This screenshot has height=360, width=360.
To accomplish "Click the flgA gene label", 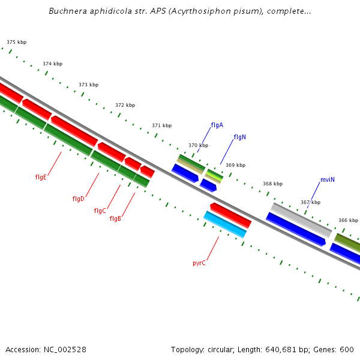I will (x=217, y=125).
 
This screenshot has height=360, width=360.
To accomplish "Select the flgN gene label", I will (x=239, y=137).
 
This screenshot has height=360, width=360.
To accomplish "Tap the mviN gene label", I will (x=327, y=179).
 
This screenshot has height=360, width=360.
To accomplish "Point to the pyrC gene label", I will (x=199, y=263).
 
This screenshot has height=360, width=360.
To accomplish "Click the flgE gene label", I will (x=41, y=177).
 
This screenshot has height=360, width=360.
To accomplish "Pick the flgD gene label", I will (x=78, y=199).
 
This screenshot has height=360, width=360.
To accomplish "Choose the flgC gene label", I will (x=100, y=211).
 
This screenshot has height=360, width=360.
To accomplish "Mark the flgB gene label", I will (x=115, y=218).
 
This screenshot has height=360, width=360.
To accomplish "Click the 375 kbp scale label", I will (x=16, y=42).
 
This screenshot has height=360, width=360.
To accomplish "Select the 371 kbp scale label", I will (x=161, y=125).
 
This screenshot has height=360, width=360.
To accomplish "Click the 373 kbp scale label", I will (x=88, y=85).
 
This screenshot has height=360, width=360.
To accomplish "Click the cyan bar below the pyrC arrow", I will (x=225, y=224).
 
